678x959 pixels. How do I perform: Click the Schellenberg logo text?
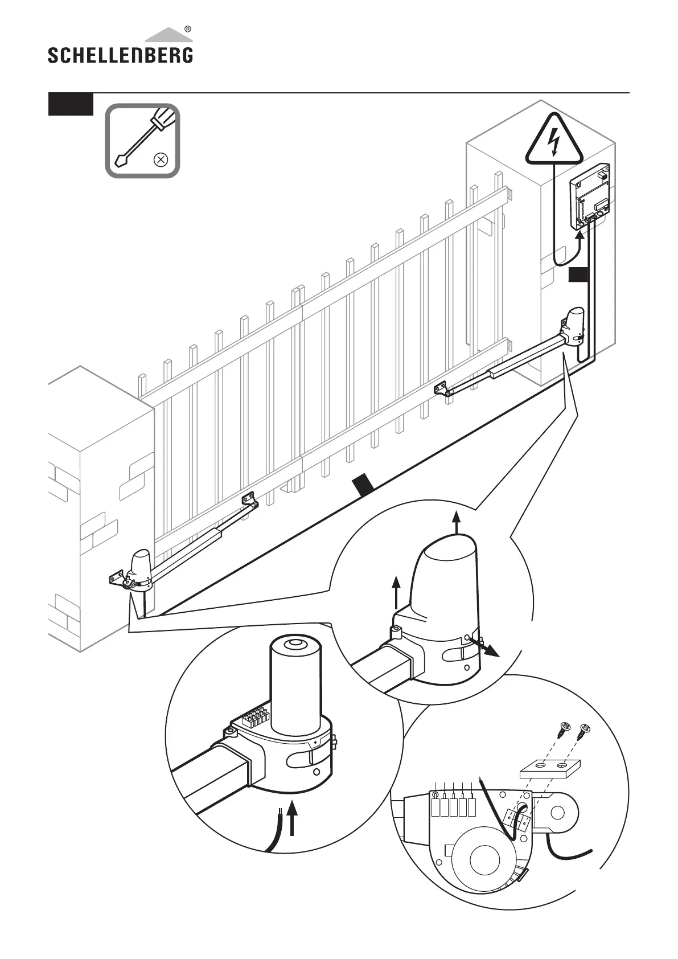pos(120,55)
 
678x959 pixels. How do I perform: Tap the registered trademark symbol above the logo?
pos(188,29)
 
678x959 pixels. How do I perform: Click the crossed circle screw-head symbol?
pos(161,159)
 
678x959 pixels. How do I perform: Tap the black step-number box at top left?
pos(71,104)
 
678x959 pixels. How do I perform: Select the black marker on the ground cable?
pos(363,485)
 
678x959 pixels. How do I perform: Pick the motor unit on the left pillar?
pos(140,567)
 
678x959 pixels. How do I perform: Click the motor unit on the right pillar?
pos(574,326)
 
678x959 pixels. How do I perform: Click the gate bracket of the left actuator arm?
pos(249,499)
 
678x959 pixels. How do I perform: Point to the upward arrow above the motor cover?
pos(456,522)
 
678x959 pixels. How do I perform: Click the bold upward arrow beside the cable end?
pos(293,818)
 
